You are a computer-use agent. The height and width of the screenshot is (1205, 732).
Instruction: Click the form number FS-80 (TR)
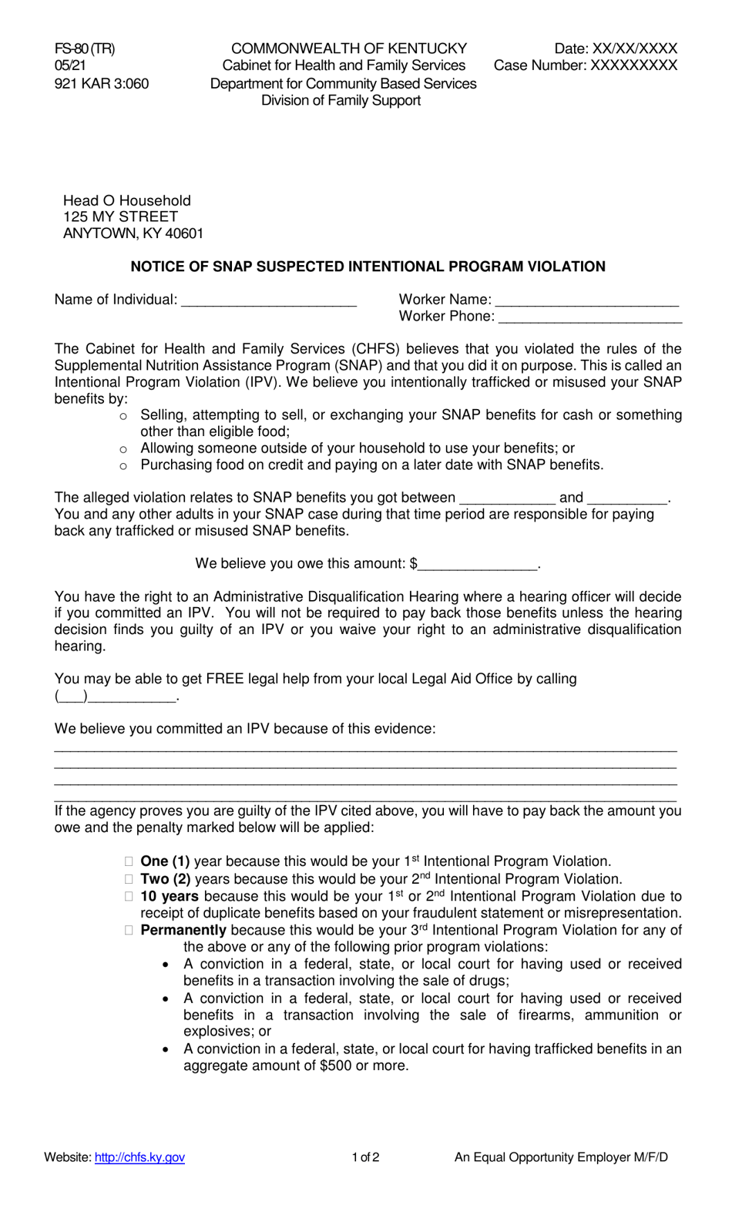click(x=85, y=49)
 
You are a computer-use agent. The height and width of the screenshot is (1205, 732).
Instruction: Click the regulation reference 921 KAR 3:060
click(x=102, y=83)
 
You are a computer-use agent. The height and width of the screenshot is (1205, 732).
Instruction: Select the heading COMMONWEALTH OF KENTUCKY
click(x=349, y=49)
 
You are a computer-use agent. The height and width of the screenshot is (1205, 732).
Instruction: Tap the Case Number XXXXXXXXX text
click(x=586, y=65)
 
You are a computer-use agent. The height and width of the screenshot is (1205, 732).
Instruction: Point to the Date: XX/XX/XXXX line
click(x=616, y=49)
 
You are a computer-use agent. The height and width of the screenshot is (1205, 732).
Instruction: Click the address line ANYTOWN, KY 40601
click(x=133, y=233)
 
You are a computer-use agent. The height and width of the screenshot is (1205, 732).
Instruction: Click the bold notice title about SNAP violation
click(x=368, y=267)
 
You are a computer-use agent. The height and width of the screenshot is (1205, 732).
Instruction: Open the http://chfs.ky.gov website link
click(x=139, y=1157)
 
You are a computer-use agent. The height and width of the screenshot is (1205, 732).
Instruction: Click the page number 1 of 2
click(x=365, y=1157)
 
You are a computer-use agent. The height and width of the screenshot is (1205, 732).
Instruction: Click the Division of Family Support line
click(x=341, y=100)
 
